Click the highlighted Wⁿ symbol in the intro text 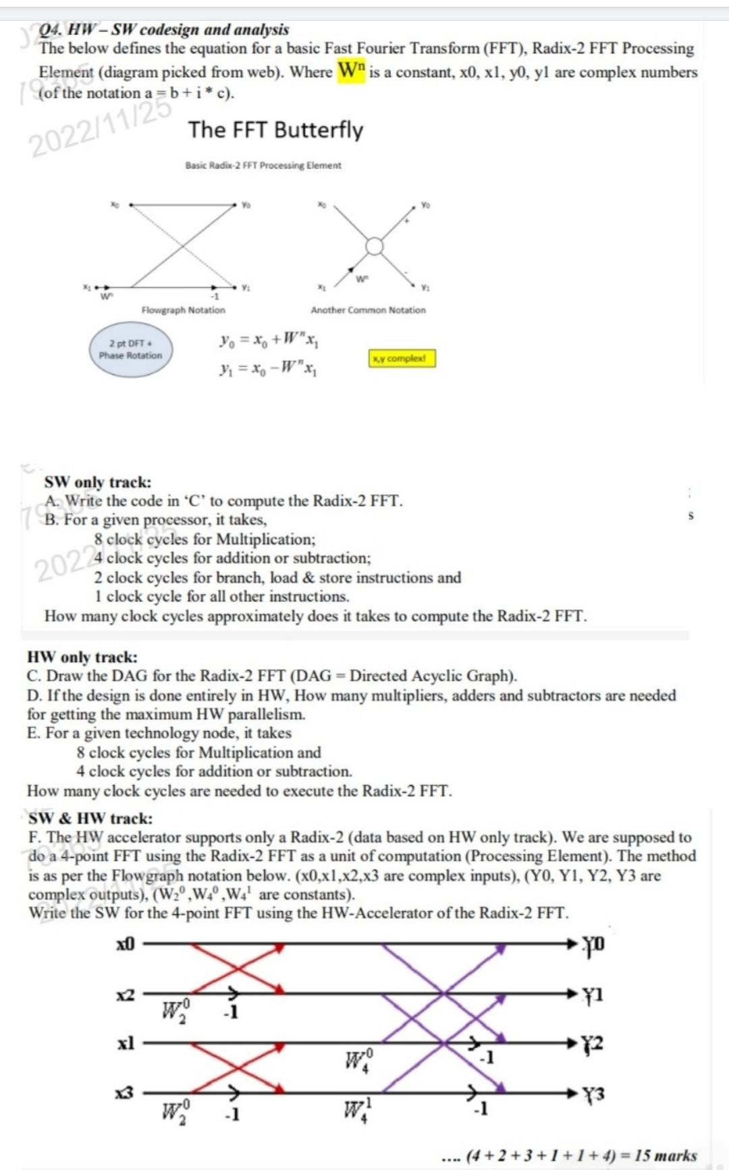351,70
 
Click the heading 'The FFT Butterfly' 275,129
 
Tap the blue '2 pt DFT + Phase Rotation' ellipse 131,349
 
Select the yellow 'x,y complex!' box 402,358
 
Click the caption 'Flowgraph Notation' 183,310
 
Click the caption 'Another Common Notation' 368,310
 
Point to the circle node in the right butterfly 375,246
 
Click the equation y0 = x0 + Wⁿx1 269,341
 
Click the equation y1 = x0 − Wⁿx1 269,370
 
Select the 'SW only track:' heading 98,482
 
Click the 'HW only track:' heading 82,657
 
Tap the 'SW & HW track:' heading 90,819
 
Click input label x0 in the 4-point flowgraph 126,943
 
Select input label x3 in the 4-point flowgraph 125,1092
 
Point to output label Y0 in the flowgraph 593,944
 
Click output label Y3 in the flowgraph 593,1094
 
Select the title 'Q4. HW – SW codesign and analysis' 164,30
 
